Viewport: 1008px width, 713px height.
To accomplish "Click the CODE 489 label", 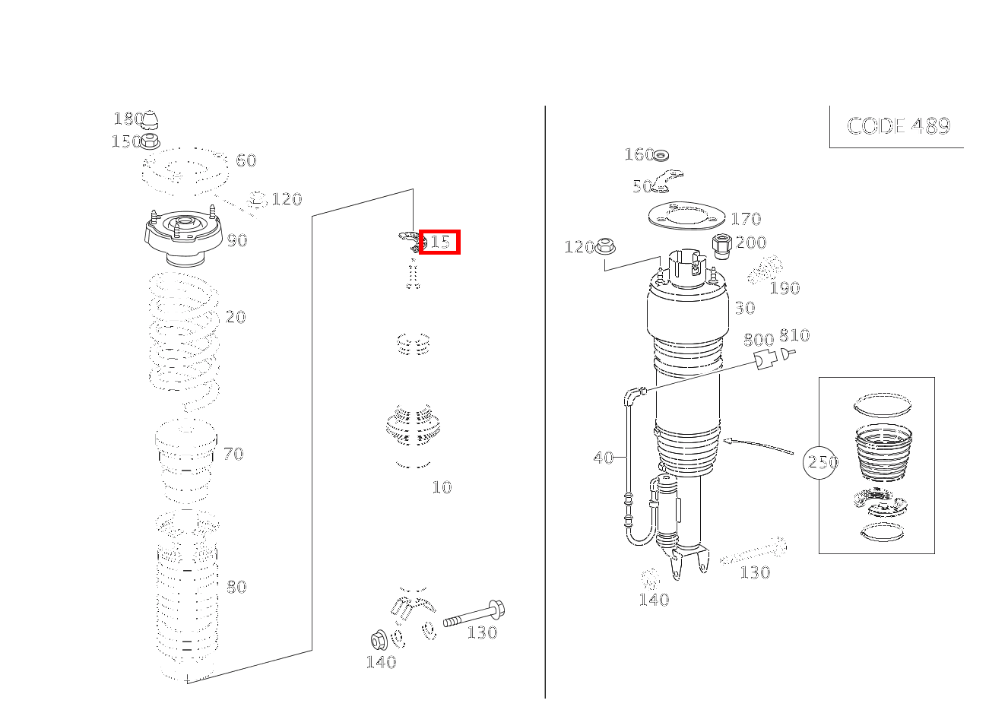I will click(898, 126).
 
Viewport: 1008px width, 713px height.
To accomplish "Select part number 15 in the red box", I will click(439, 242).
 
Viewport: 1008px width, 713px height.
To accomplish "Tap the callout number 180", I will click(126, 119).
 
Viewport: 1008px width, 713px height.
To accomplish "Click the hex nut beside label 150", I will click(151, 141).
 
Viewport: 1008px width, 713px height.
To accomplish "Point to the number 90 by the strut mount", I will click(237, 241).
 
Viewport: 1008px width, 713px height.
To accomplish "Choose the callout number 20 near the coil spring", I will click(236, 318).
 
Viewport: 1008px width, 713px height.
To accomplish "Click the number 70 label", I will click(233, 455).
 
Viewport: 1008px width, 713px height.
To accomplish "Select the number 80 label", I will click(236, 587).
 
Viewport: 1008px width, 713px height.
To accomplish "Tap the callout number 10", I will click(442, 488).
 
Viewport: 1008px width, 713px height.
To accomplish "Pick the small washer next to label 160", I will click(661, 156).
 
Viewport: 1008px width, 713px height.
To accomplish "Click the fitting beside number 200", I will click(722, 246).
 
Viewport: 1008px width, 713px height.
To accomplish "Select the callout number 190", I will click(785, 289).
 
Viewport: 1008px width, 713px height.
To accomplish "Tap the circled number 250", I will click(821, 462).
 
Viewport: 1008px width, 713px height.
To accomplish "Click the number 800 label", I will click(758, 340).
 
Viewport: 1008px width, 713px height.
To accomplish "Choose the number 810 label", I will click(794, 335).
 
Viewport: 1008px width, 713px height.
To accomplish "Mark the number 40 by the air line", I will click(604, 458).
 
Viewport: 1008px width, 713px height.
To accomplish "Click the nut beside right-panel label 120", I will click(606, 246).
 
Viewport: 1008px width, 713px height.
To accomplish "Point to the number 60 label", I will click(246, 161).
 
